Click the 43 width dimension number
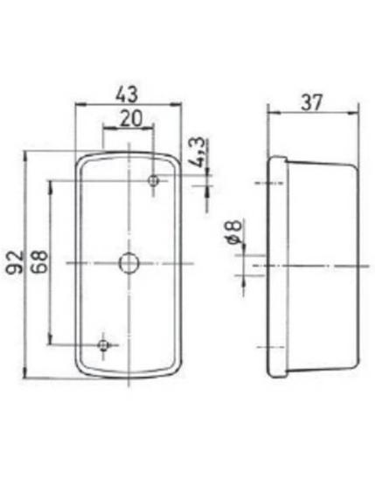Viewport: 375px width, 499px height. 127,94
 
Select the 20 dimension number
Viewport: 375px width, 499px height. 131,119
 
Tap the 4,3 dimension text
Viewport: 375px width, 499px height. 199,153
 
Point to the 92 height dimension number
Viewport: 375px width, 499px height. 15,262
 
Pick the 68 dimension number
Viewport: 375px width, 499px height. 39,262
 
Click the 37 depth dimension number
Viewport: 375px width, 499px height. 312,103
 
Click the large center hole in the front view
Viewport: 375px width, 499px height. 128,263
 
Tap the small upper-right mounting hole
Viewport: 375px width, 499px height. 154,181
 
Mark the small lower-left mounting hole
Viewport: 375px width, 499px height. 103,344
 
